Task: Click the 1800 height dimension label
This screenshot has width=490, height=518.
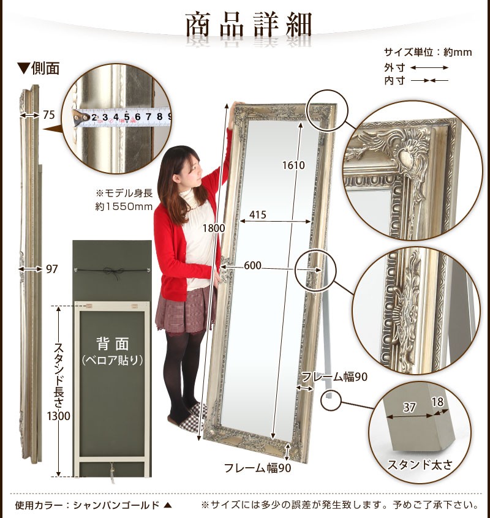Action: (214, 228)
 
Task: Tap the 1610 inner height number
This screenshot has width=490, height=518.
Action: (293, 165)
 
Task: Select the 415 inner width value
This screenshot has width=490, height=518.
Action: (258, 215)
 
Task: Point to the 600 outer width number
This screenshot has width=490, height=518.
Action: (252, 265)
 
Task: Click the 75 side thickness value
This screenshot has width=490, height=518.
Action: (49, 114)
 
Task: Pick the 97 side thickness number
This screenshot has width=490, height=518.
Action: (51, 269)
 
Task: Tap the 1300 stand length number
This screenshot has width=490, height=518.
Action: (58, 416)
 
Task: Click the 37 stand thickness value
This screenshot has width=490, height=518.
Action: (409, 407)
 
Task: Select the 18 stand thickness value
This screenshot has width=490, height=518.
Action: (437, 402)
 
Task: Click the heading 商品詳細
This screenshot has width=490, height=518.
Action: (249, 24)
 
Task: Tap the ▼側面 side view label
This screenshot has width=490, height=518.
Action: (39, 69)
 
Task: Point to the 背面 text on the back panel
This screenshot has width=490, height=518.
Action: (112, 344)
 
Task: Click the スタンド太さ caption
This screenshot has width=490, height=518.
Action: (420, 465)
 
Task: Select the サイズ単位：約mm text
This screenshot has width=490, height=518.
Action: (428, 52)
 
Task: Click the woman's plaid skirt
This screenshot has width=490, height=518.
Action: (185, 310)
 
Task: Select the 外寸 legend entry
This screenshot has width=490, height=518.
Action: (394, 68)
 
